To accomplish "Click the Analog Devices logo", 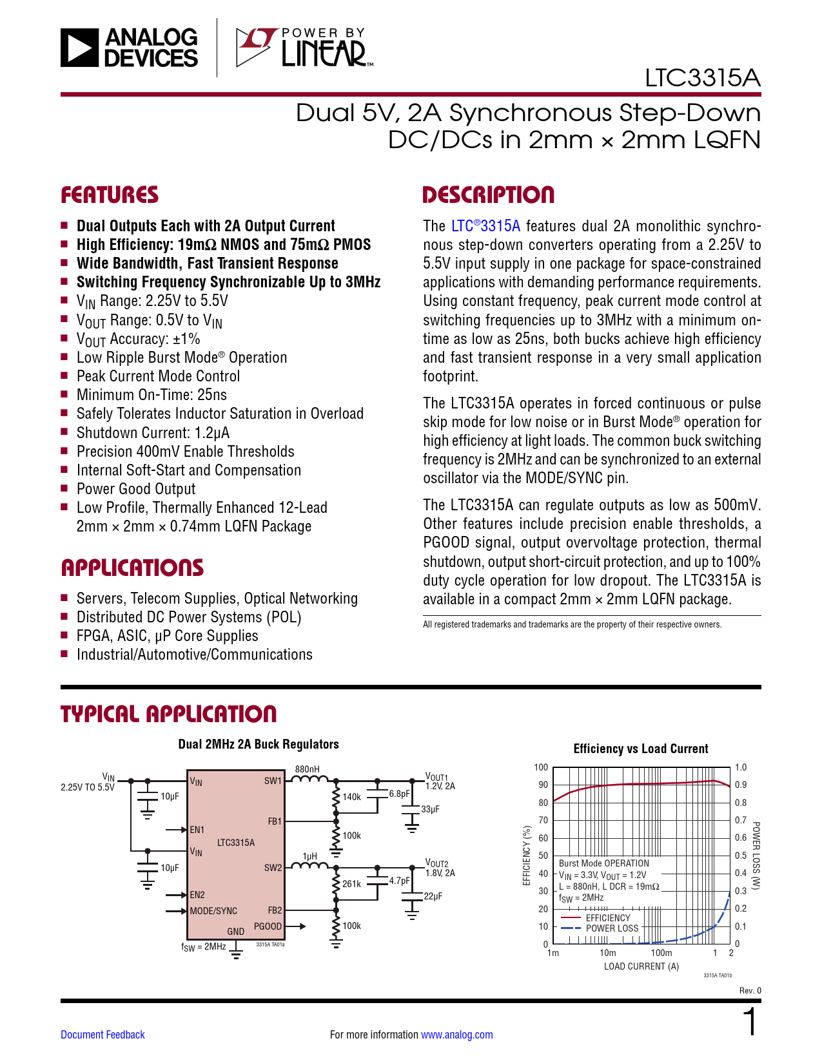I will point(130,47).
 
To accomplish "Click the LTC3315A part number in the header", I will point(703,78).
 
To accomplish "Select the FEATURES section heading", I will point(110,195).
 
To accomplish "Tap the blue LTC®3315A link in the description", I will point(485,226).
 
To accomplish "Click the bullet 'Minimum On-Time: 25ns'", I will point(152,395).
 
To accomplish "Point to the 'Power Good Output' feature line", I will point(136,489).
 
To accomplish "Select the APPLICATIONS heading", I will point(132,568).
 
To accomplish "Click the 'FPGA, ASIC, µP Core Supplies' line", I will point(167,636).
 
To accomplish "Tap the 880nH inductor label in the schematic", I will point(308,769).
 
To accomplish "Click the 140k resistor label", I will point(352,797).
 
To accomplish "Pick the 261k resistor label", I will point(352,884).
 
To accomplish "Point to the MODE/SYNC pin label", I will point(213,911).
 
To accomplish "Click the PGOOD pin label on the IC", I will point(268,926).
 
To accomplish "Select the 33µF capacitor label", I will point(430,809).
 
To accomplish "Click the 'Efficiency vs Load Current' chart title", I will point(641,749).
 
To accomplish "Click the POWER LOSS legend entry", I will point(612,928).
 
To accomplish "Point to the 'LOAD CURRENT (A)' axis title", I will point(641,966).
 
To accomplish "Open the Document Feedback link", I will point(103,1035).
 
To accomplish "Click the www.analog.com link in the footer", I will point(456,1035).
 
